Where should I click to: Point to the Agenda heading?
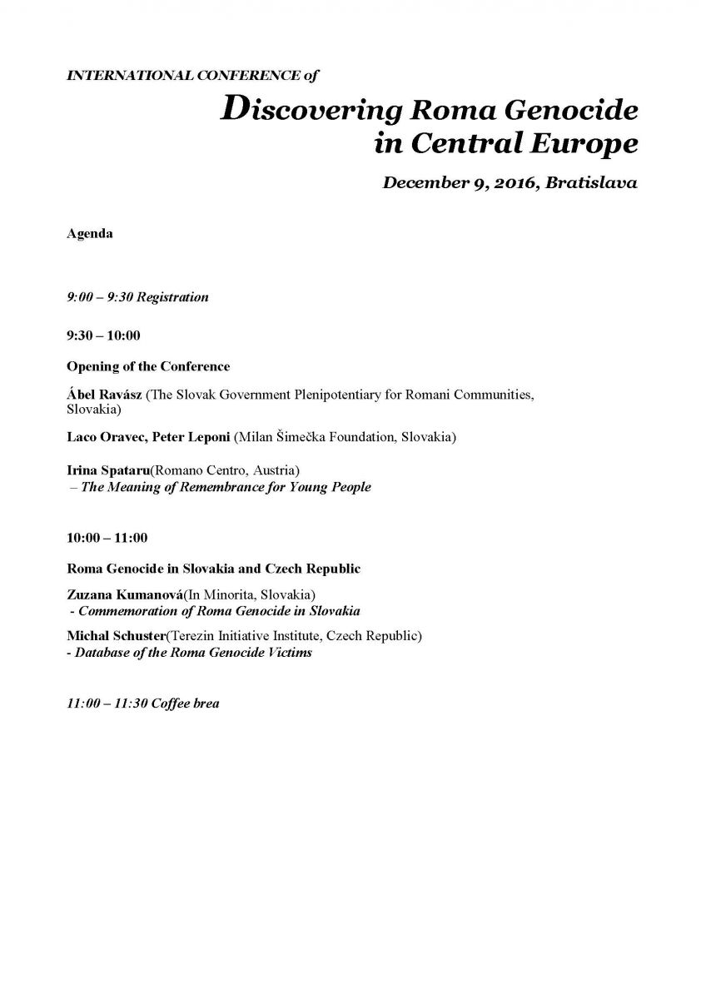pos(90,234)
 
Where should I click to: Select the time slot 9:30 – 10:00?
pos(103,335)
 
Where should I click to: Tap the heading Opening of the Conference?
pos(148,366)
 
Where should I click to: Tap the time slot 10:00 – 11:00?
pos(107,539)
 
